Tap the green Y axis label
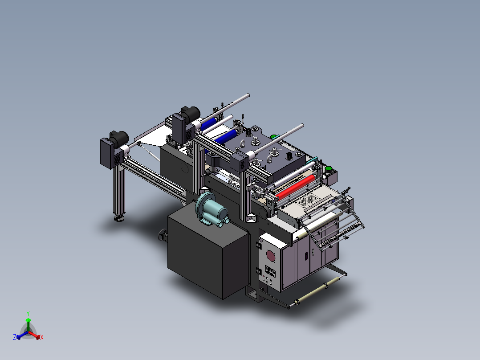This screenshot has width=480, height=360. coord(28,313)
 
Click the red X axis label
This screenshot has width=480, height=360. coord(42,338)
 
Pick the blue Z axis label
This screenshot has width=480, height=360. coord(14,337)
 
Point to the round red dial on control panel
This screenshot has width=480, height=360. coord(270,255)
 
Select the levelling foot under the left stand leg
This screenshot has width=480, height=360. coord(118,218)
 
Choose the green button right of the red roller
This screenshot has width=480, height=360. coord(329,168)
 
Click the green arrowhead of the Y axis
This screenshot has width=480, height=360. coord(28,320)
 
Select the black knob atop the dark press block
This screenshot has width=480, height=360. coord(290,156)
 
